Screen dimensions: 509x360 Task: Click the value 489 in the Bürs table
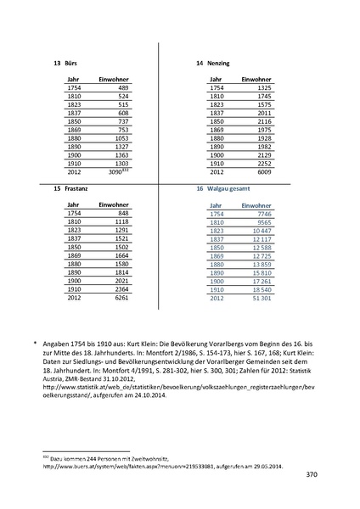pos(123,88)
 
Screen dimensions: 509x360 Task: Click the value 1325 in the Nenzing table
pos(263,88)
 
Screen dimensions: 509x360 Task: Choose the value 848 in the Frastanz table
pos(123,214)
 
